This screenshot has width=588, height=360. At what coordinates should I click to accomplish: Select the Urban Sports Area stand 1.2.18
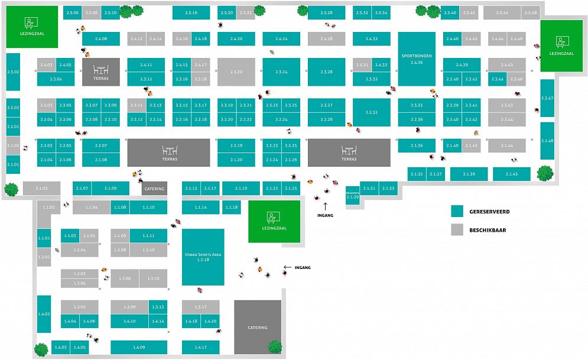pyautogui.click(x=203, y=257)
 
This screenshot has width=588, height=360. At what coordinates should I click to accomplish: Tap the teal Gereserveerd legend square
pyautogui.click(x=456, y=211)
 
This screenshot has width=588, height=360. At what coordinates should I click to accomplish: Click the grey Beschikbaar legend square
pyautogui.click(x=456, y=229)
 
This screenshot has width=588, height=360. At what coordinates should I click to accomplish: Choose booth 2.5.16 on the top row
pyautogui.click(x=191, y=13)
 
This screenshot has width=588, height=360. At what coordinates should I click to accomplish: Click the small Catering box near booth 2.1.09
pyautogui.click(x=154, y=189)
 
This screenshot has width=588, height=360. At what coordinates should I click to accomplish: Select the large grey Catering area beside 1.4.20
pyautogui.click(x=257, y=327)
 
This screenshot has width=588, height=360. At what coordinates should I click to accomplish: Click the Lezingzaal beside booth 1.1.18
pyautogui.click(x=274, y=221)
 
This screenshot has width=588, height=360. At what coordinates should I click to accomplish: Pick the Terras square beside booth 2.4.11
pyautogui.click(x=100, y=72)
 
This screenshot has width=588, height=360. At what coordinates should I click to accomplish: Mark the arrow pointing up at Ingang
pyautogui.click(x=325, y=205)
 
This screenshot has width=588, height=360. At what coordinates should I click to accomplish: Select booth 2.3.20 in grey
pyautogui.click(x=236, y=72)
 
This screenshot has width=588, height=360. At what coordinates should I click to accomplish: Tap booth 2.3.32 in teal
pyautogui.click(x=371, y=79)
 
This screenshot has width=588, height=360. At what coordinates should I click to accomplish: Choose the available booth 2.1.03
pyautogui.click(x=41, y=188)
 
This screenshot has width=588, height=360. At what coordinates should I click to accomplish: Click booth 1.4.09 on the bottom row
pyautogui.click(x=139, y=347)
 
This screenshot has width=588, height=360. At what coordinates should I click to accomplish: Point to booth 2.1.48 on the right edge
pyautogui.click(x=547, y=141)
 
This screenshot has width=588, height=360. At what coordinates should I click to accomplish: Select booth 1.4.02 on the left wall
pyautogui.click(x=44, y=314)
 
